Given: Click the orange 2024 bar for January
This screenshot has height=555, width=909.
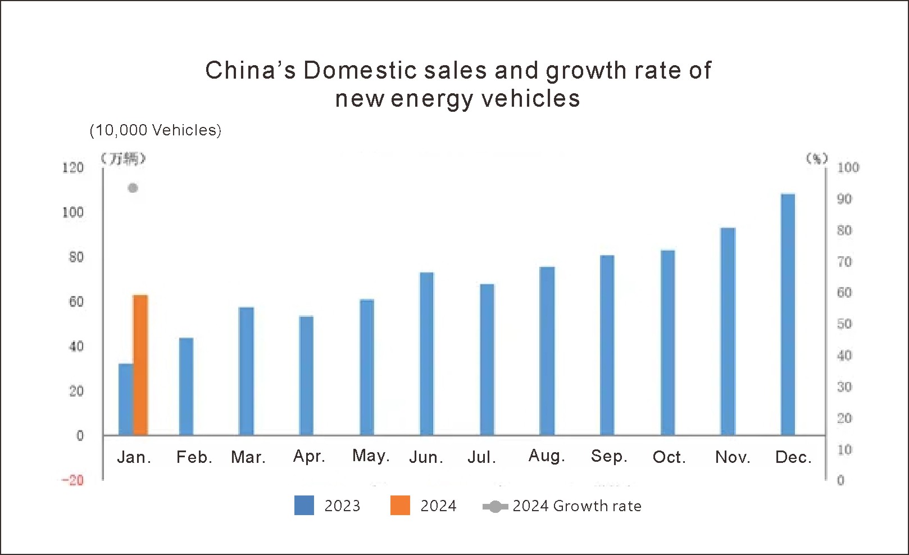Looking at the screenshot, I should pos(140,365).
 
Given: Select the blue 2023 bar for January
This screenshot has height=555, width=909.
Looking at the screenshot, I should pos(126,399).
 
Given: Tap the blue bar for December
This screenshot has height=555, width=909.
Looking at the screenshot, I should pos(788,315).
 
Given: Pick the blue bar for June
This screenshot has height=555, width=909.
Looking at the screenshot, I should pos(427,354).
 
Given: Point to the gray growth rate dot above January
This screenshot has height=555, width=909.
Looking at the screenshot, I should pos(133,188).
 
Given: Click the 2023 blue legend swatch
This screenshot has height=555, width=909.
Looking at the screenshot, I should pos(304,506).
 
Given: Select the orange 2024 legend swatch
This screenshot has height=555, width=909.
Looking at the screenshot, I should pos(400,506).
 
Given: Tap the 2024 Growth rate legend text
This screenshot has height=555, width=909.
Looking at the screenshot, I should pos(577,506).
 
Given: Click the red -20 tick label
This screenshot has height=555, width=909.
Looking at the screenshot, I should pos(72,480).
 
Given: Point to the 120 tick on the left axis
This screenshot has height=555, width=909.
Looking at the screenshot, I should pos(73,167).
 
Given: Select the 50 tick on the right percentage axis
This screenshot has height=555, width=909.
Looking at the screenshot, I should pos(844,324).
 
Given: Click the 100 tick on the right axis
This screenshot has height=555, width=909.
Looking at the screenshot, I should pos(848,167).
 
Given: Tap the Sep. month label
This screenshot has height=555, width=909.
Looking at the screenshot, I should pos(609,456).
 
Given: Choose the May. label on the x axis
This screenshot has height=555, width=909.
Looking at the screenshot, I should pos(371,456).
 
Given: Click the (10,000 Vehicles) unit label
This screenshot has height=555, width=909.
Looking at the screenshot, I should pos(156,130).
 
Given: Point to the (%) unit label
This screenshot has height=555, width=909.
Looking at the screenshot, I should pos(817,158).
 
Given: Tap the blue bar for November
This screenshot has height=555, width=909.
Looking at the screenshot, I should pos(728,331).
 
